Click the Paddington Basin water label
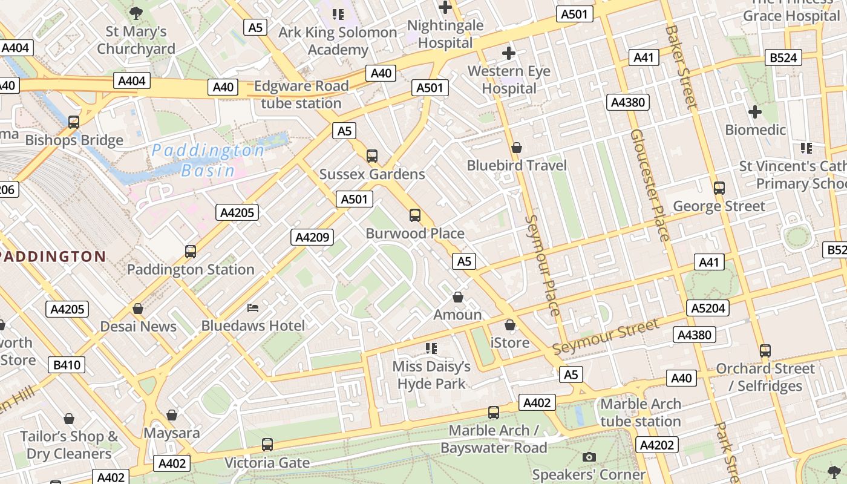point(208,160)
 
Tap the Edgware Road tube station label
point(301,95)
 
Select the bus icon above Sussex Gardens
point(372,156)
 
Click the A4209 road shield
point(312,237)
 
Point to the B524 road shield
point(784,58)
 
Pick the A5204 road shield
point(708,309)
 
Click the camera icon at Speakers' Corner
point(589,457)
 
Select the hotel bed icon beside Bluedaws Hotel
point(253,309)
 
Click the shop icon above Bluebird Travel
point(517,148)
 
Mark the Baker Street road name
point(681,67)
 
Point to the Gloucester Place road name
point(649,185)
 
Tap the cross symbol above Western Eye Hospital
point(509,53)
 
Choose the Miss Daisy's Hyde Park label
point(431,375)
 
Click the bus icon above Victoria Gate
point(267,445)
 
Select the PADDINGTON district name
point(53,257)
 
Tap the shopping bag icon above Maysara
point(172,415)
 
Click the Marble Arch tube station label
point(641,413)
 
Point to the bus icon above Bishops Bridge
point(74,122)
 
